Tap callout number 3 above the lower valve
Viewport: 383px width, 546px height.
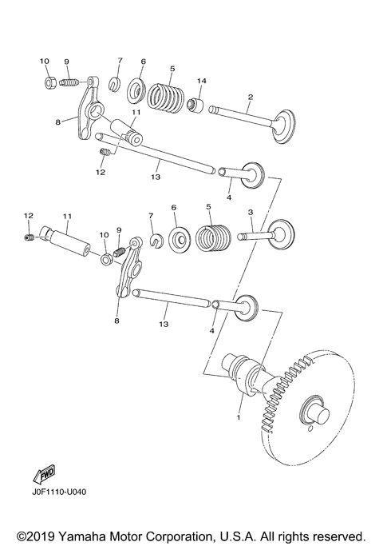(x=250, y=213)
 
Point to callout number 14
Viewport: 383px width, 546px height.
(x=202, y=82)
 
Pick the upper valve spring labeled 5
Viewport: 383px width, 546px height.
(x=168, y=98)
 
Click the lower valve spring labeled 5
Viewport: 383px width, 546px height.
(x=211, y=237)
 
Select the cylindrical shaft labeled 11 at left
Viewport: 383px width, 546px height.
(x=69, y=238)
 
